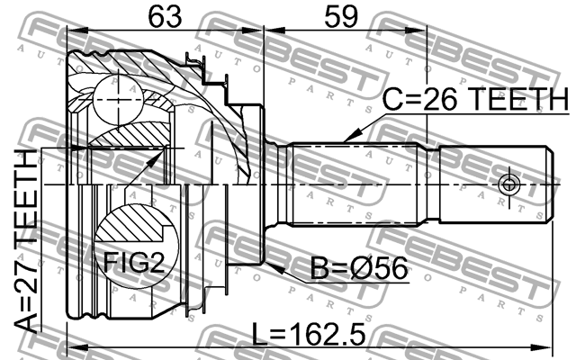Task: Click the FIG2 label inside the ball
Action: (x=132, y=263)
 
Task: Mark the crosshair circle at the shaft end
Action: (x=508, y=184)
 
